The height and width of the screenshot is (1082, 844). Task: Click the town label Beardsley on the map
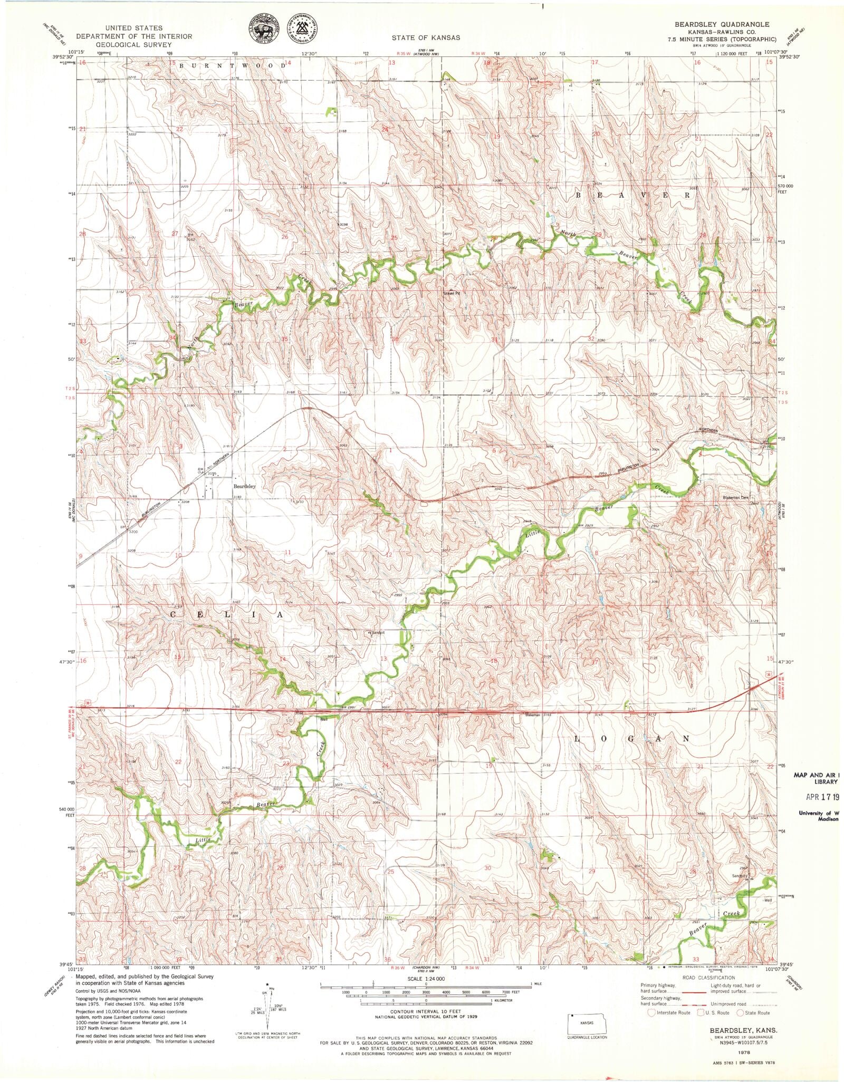tap(244, 486)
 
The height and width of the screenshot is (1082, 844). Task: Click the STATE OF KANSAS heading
tap(425, 37)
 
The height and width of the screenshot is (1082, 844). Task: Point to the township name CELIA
tap(228, 615)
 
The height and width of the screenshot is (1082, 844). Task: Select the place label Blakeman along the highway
tap(532, 714)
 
